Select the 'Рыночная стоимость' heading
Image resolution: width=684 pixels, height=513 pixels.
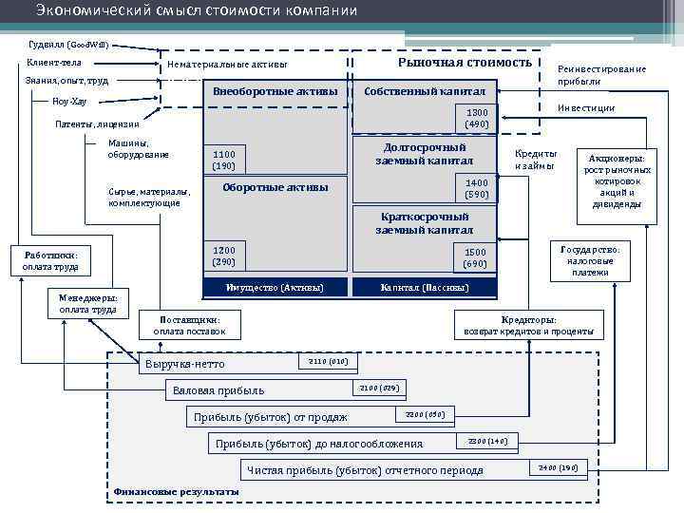(465, 62)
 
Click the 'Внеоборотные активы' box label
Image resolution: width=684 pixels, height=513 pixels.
(275, 91)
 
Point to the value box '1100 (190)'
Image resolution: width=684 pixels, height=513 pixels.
(224, 160)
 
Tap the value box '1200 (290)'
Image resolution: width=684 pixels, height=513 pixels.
(224, 255)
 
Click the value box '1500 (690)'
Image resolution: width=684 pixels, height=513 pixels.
(475, 256)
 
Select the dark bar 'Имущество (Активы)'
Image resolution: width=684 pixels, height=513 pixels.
(275, 287)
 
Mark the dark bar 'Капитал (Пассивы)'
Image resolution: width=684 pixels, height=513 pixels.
(425, 287)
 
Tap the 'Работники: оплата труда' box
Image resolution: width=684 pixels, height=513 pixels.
(52, 260)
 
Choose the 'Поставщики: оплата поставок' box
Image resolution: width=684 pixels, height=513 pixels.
(191, 325)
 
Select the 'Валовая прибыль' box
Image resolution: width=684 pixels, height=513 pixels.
(256, 390)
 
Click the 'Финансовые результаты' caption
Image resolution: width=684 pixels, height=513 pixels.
(176, 491)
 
